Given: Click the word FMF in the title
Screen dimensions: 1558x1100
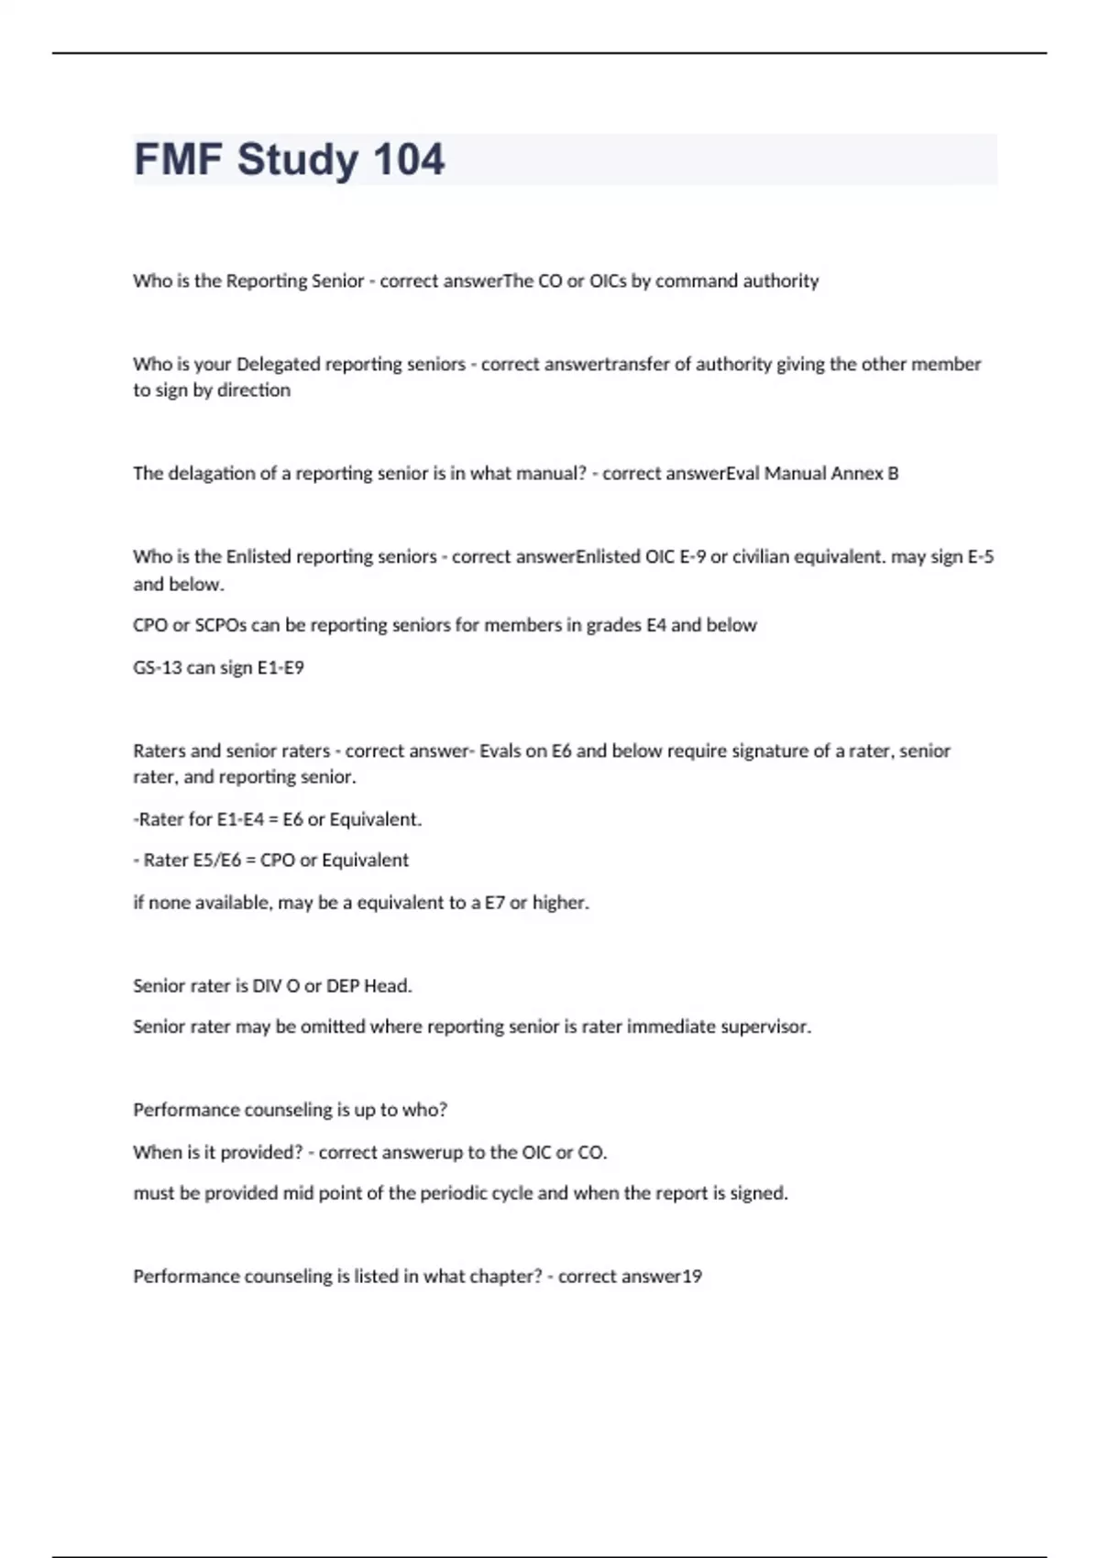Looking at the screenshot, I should (x=179, y=159).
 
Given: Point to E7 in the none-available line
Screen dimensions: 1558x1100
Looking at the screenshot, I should (x=495, y=903).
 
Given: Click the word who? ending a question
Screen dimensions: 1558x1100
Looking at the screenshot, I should (x=425, y=1110).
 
